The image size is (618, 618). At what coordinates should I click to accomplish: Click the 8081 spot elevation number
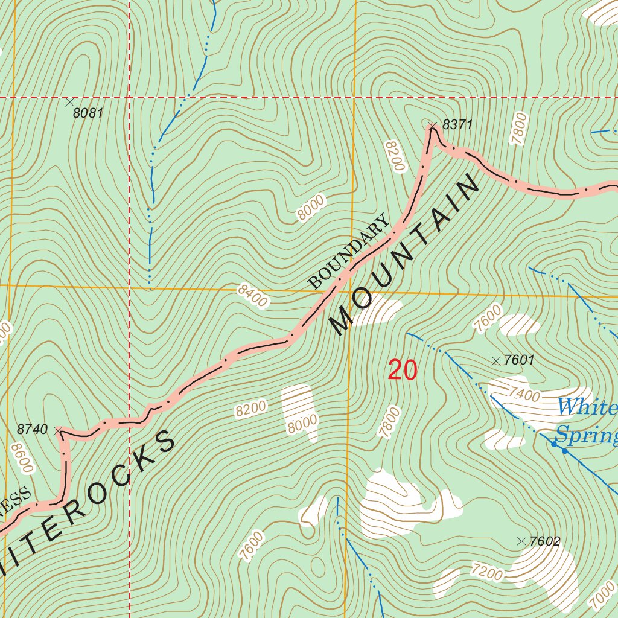pyautogui.click(x=88, y=113)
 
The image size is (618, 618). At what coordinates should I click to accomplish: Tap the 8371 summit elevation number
pyautogui.click(x=457, y=125)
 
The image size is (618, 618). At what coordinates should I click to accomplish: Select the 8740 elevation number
pyautogui.click(x=32, y=430)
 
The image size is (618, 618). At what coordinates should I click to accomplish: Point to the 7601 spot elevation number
pyautogui.click(x=519, y=361)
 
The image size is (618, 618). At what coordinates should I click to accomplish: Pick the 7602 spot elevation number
pyautogui.click(x=544, y=541)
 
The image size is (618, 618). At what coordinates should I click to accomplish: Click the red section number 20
pyautogui.click(x=403, y=370)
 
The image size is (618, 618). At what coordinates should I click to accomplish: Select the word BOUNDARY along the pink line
pyautogui.click(x=349, y=252)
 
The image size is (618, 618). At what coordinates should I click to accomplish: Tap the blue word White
pyautogui.click(x=587, y=407)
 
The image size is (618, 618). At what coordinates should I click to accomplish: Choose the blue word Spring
pyautogui.click(x=585, y=435)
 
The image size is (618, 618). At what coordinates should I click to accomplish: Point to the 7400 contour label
pyautogui.click(x=524, y=395)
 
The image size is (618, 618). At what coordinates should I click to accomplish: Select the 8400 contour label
pyautogui.click(x=252, y=296)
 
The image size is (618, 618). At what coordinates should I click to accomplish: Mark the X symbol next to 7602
pyautogui.click(x=522, y=541)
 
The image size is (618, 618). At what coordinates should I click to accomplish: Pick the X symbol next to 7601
pyautogui.click(x=496, y=361)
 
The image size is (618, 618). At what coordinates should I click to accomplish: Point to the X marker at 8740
pyautogui.click(x=58, y=431)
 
